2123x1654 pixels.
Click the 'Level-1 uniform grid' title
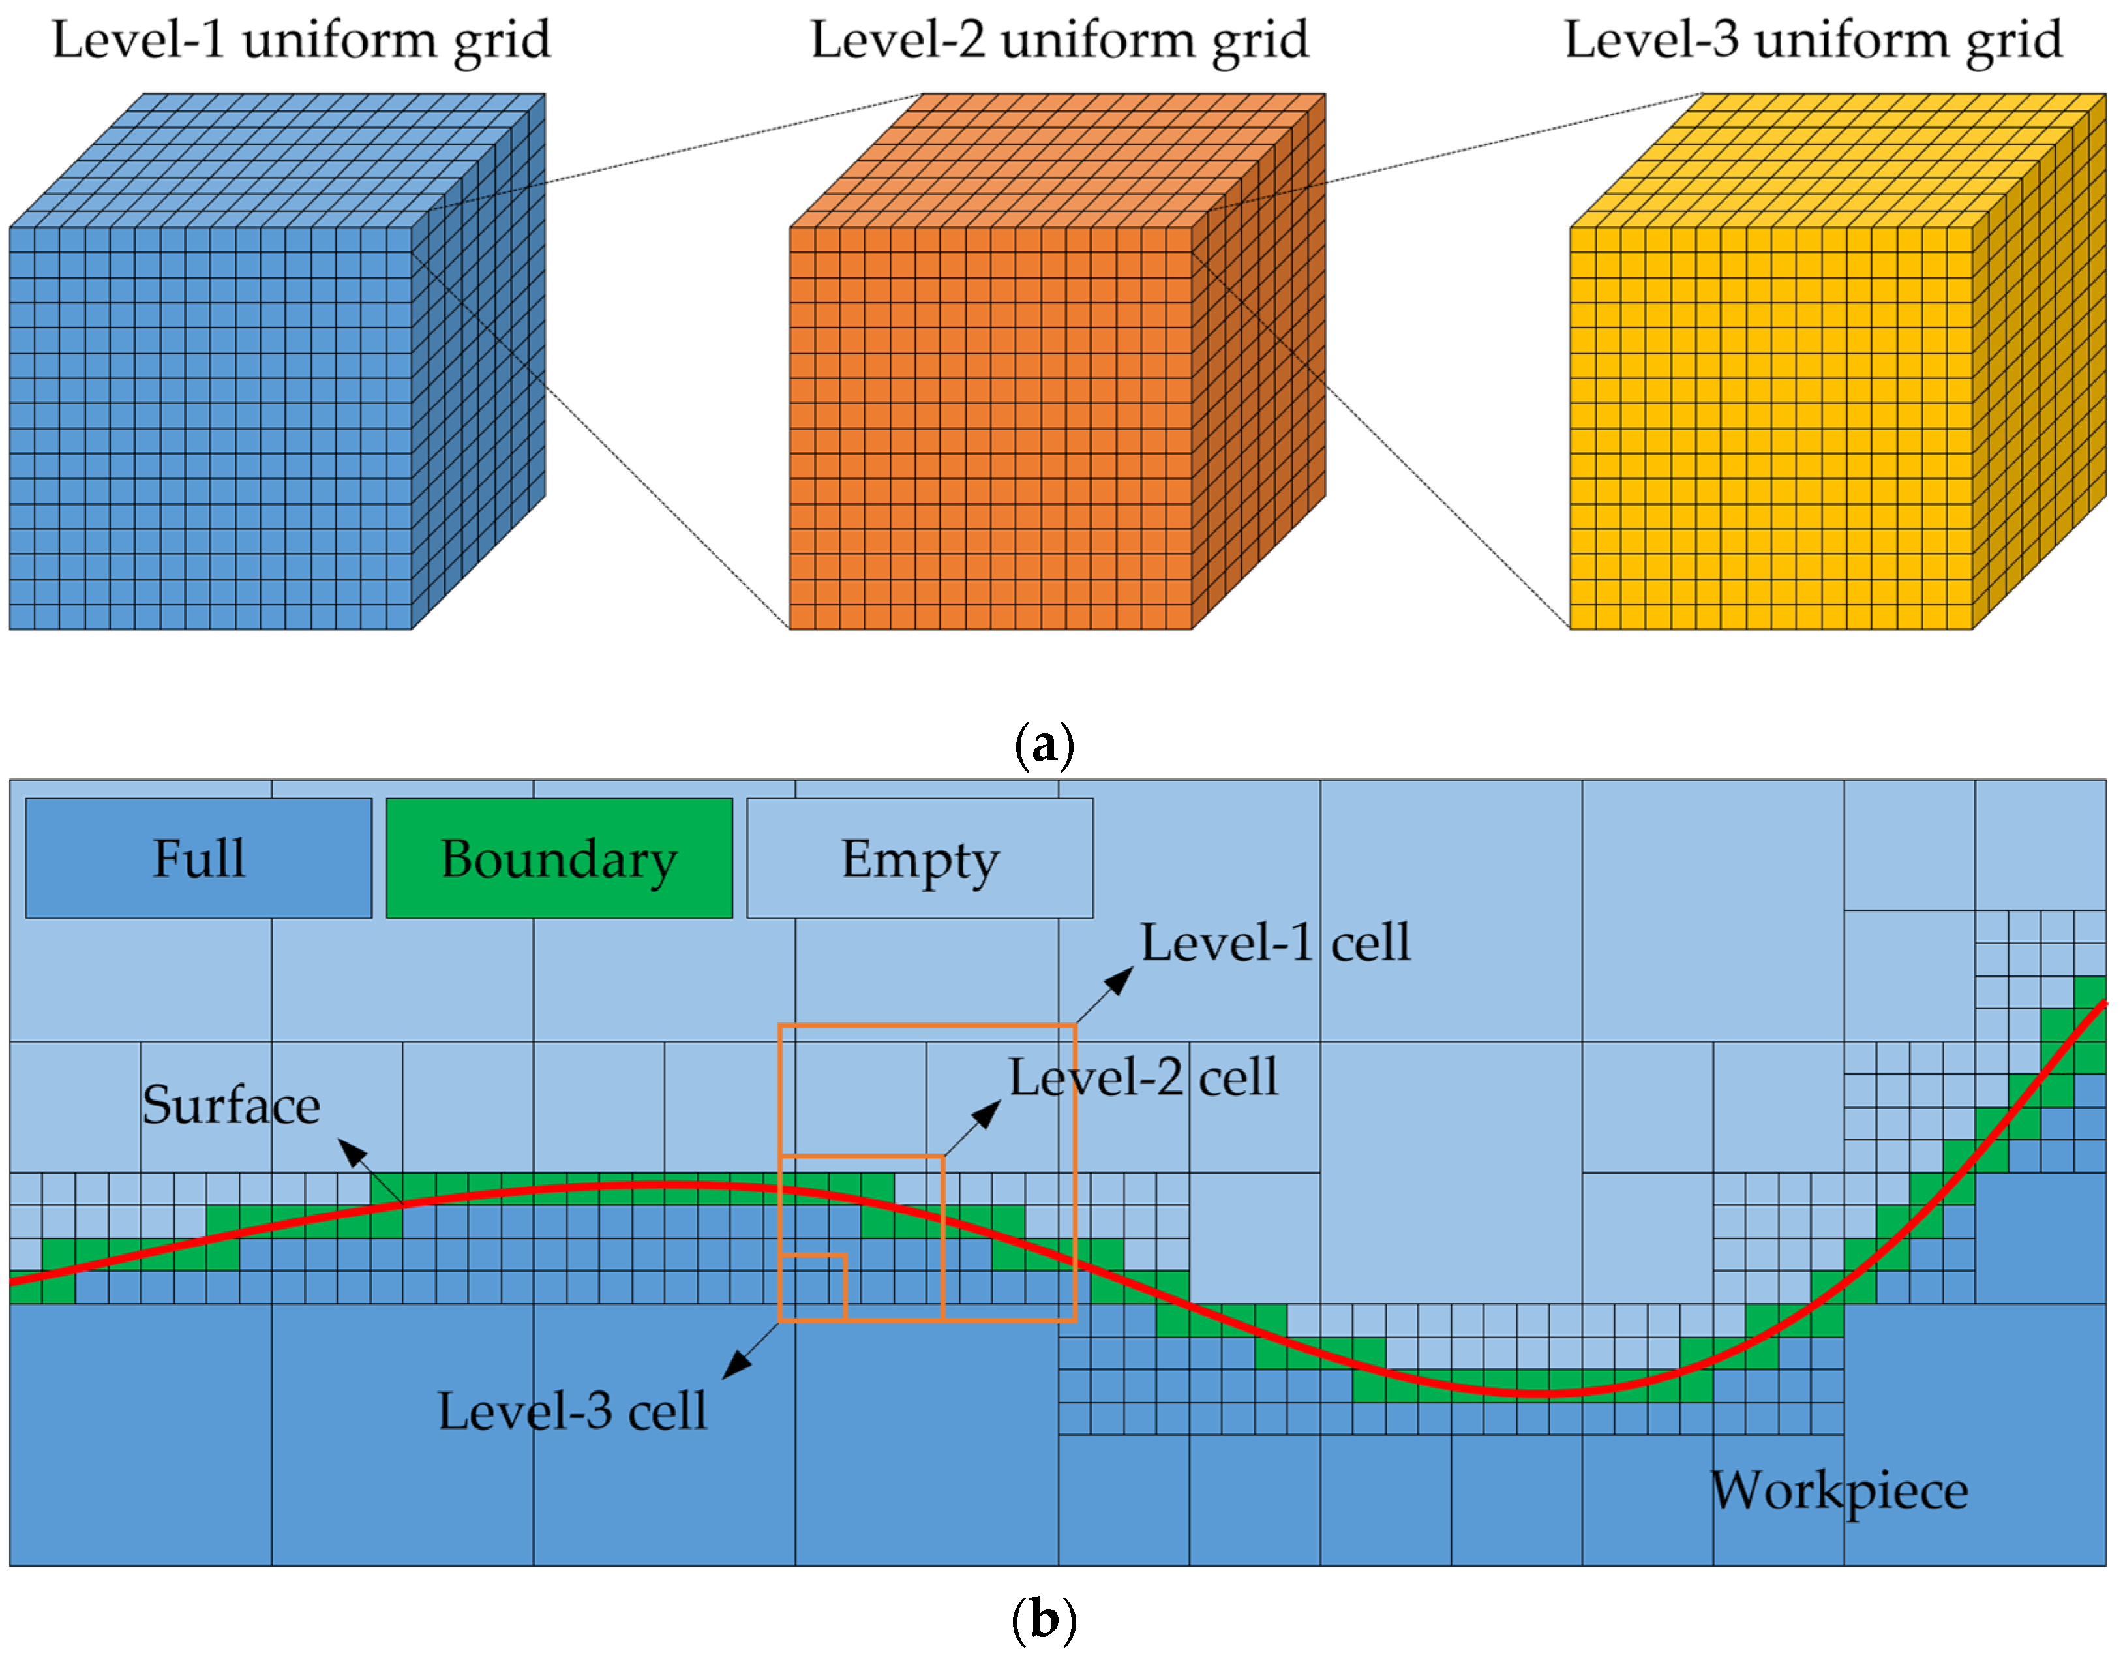301,41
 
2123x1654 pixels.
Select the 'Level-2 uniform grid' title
1060,41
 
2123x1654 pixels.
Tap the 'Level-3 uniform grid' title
1813,41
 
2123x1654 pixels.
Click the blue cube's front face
211,428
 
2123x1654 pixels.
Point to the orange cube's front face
991,428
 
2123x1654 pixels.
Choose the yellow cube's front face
1771,428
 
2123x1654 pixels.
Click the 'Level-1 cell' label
1274,942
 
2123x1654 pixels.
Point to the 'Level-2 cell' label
1142,1077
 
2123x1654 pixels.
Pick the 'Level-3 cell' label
571,1411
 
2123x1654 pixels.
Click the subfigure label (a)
1044,746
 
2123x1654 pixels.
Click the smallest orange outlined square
813,1287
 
